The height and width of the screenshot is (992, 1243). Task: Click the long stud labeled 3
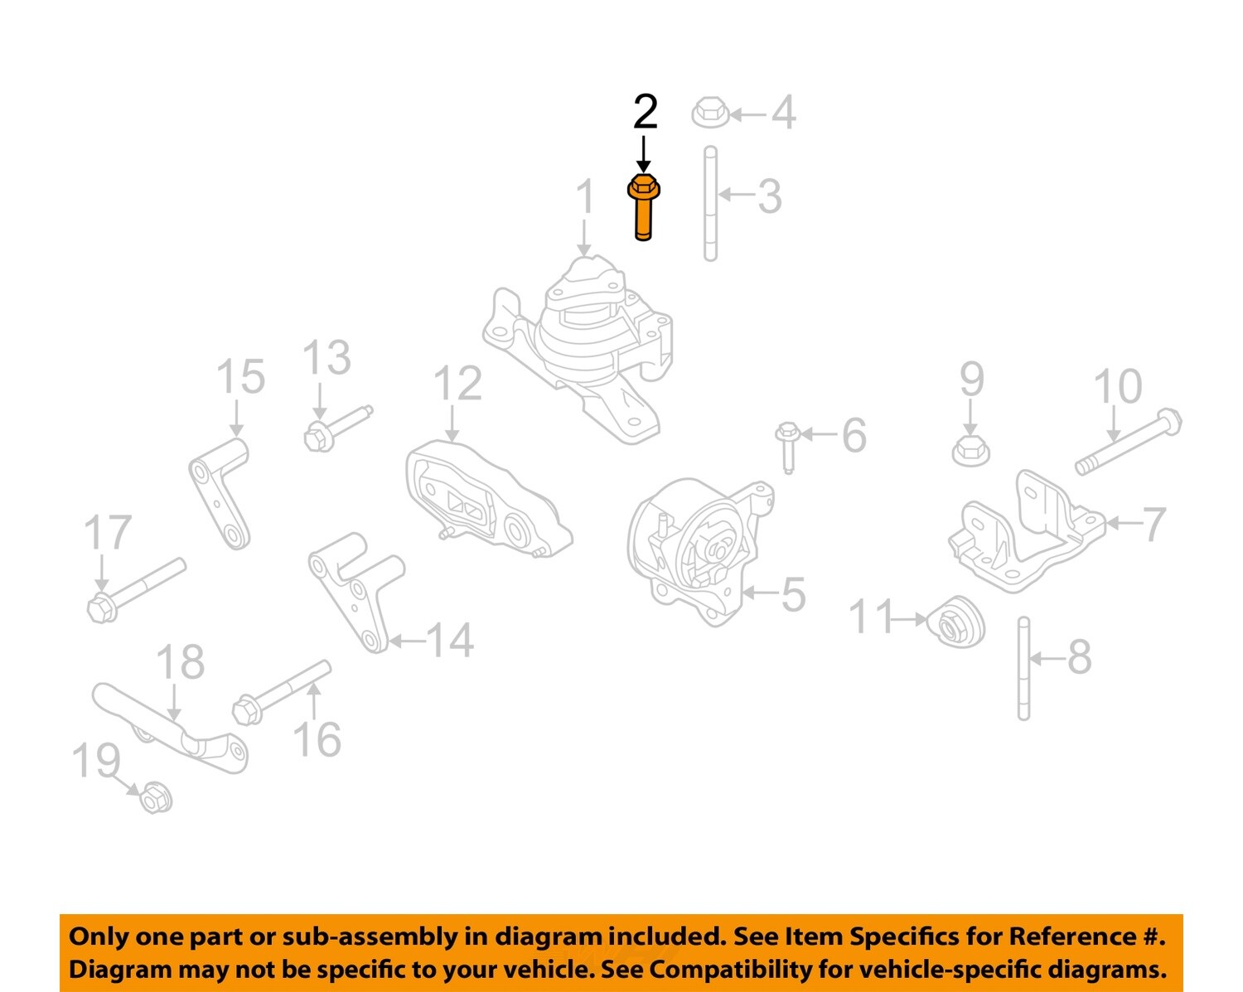click(x=710, y=203)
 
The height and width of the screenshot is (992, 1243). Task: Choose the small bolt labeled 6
click(x=787, y=447)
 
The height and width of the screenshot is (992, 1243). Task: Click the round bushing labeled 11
click(x=957, y=622)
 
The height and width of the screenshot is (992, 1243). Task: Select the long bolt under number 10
click(x=1129, y=443)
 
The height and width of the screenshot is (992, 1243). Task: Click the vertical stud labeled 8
click(x=1023, y=668)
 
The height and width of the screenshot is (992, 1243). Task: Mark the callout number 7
click(x=1154, y=524)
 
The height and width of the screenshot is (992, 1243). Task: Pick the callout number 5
click(x=793, y=594)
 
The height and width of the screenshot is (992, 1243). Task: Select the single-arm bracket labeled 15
click(x=221, y=492)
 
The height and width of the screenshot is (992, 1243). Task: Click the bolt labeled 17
click(x=135, y=589)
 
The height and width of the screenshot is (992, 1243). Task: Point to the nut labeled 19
click(x=154, y=798)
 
